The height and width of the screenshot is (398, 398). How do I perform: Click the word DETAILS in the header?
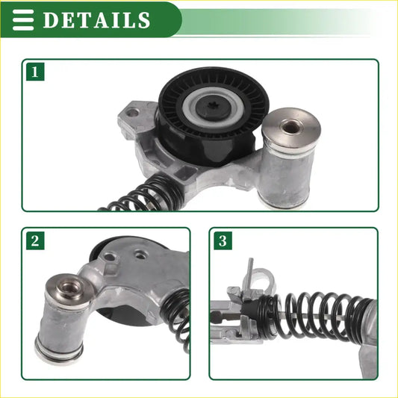pyautogui.click(x=96, y=19)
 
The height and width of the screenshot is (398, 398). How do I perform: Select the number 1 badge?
pyautogui.click(x=34, y=72)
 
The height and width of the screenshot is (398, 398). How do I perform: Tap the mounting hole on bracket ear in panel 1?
pyautogui.click(x=132, y=114)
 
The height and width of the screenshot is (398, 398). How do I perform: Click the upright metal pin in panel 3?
pyautogui.click(x=250, y=270)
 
